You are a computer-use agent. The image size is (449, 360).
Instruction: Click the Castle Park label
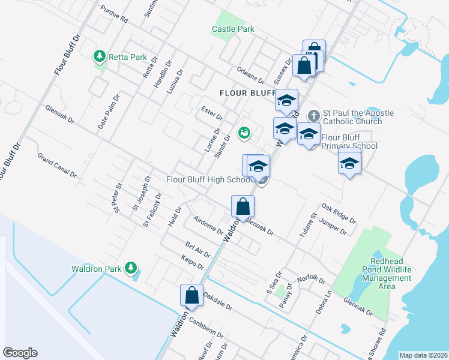click(233, 29)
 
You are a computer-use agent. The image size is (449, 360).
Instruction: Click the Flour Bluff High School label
click(208, 179)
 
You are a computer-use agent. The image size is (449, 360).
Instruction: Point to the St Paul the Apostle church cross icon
click(313, 115)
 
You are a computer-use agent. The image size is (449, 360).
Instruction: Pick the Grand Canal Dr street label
click(57, 166)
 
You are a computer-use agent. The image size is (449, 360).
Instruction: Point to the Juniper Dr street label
click(334, 226)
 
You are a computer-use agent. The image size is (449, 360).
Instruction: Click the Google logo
click(20, 353)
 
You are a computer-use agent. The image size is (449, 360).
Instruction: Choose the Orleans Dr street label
click(250, 75)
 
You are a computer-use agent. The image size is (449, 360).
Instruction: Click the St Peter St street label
click(118, 197)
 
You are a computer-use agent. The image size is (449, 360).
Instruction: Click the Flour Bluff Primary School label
click(349, 142)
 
